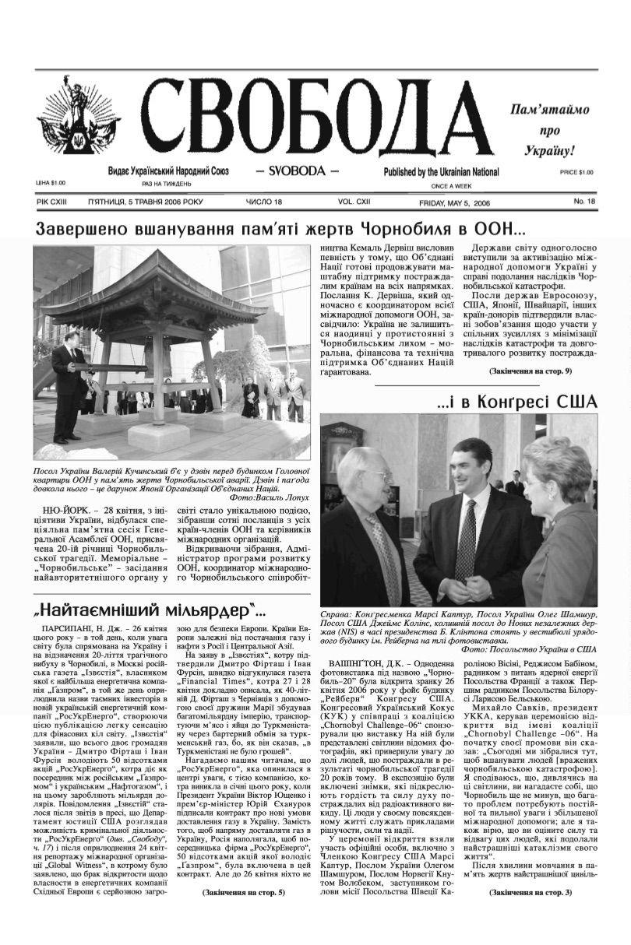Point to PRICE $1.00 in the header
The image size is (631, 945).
click(576, 172)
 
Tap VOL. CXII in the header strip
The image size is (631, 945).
click(354, 202)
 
